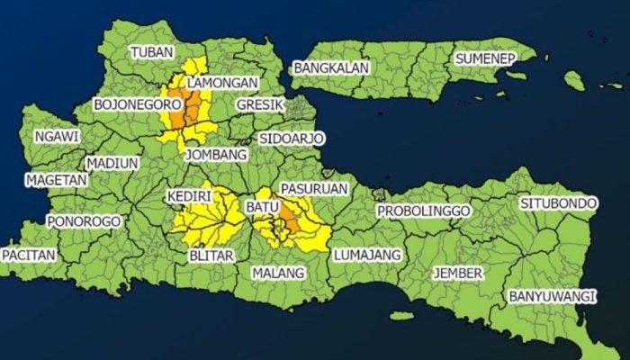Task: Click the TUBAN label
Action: pyautogui.click(x=151, y=52)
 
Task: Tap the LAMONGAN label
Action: pyautogui.click(x=222, y=82)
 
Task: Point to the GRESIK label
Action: pyautogui.click(x=260, y=105)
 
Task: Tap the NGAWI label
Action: pyautogui.click(x=56, y=136)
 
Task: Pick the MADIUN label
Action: pyautogui.click(x=112, y=164)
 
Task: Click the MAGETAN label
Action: pyautogui.click(x=56, y=180)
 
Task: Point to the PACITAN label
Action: pyautogui.click(x=29, y=255)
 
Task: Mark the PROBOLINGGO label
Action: pyautogui.click(x=424, y=211)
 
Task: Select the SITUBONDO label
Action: pyautogui.click(x=558, y=203)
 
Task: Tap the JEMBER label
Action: pyautogui.click(x=457, y=272)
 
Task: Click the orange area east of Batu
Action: pyautogui.click(x=290, y=219)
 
